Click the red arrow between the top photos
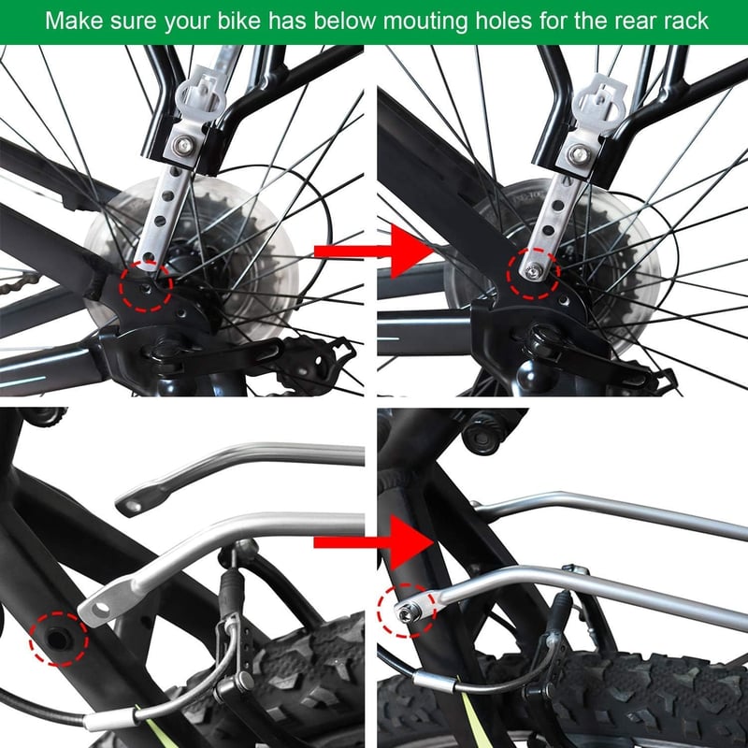(x=372, y=252)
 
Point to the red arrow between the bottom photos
(x=372, y=542)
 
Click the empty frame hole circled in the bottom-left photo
(x=59, y=640)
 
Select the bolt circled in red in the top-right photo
(x=532, y=272)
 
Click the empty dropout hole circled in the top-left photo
(x=147, y=288)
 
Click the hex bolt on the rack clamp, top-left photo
(x=183, y=146)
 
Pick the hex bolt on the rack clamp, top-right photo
(x=579, y=153)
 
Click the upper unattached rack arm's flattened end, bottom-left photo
(x=139, y=504)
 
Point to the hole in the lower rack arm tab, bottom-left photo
(x=102, y=609)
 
